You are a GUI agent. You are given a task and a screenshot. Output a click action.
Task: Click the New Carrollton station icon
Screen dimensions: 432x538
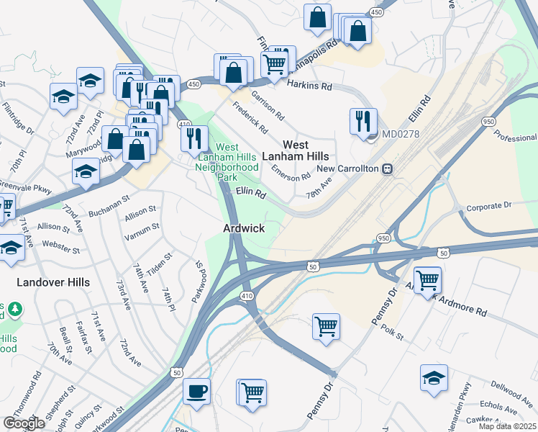pyautogui.click(x=388, y=168)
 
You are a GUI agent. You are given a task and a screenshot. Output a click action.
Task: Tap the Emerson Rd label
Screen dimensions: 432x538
pyautogui.click(x=291, y=172)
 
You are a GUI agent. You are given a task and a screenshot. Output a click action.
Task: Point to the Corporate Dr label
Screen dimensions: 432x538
pyautogui.click(x=488, y=207)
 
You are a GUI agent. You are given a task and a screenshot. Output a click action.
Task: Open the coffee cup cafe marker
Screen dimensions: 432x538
pyautogui.click(x=196, y=392)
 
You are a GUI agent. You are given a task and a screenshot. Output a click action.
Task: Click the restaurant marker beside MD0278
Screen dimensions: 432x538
pyautogui.click(x=363, y=121)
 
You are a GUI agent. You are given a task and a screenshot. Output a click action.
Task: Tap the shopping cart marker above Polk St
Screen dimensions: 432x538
pyautogui.click(x=327, y=326)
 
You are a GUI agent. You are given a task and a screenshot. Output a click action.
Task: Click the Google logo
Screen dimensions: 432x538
pyautogui.click(x=24, y=423)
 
